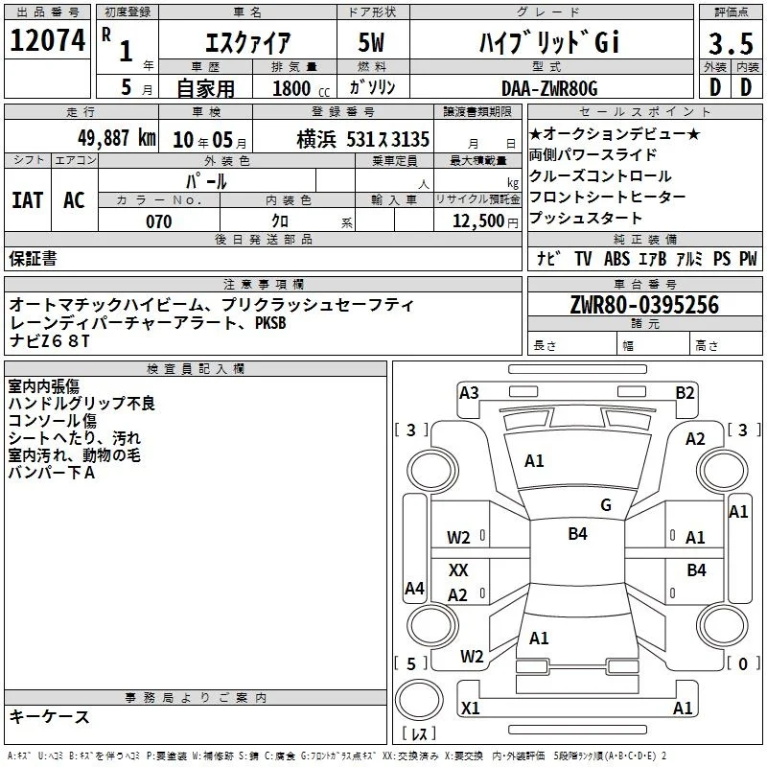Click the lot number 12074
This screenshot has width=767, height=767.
47,40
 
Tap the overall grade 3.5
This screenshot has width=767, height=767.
731,43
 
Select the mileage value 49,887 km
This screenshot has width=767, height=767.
117,138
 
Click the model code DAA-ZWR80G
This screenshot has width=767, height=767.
549,88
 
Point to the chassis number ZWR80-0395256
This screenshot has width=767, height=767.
644,305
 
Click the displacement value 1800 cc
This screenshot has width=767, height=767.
301,88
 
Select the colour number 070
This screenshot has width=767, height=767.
158,221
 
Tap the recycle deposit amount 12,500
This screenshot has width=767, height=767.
477,221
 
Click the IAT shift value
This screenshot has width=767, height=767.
28,200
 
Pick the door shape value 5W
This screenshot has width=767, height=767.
371,42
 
